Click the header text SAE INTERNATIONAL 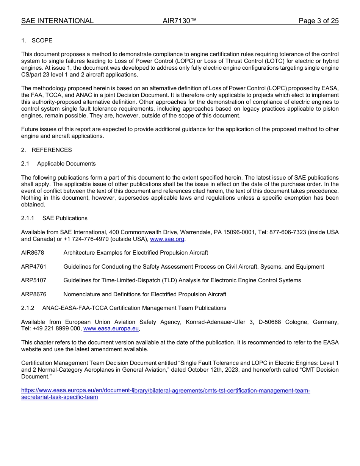click(x=57, y=21)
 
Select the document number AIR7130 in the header click(x=179, y=21)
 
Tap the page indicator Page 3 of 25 click(x=318, y=21)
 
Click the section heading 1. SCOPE click(x=37, y=41)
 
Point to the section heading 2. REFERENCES click(x=46, y=150)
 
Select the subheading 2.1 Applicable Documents click(x=58, y=164)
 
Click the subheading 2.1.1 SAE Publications click(x=54, y=218)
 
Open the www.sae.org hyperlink click(x=167, y=239)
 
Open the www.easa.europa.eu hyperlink click(x=111, y=328)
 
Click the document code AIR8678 click(x=33, y=253)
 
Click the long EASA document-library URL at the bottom click(x=165, y=391)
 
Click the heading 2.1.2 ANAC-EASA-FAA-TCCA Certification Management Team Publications click(x=124, y=308)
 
